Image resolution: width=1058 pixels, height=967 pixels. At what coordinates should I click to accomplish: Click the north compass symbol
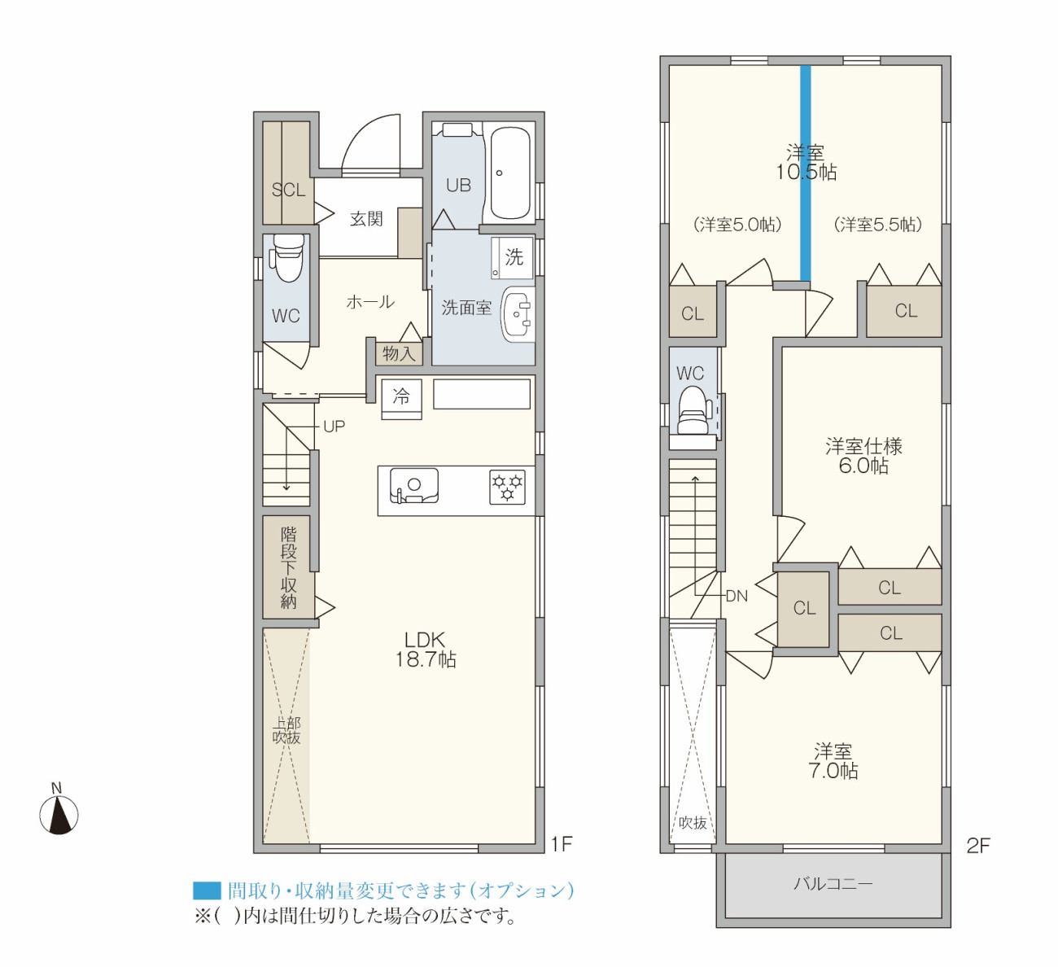click(59, 813)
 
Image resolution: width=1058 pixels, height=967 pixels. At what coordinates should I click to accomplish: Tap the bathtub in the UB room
click(510, 173)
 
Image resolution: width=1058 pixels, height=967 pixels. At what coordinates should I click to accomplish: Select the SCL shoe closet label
click(288, 190)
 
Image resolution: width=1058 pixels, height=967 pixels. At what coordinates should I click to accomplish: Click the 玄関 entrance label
click(366, 218)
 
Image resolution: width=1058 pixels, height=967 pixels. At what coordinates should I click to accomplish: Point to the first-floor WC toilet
click(287, 258)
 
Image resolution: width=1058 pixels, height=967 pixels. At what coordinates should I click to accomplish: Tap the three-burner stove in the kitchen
click(507, 487)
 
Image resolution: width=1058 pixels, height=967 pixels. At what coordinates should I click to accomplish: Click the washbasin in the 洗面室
click(517, 314)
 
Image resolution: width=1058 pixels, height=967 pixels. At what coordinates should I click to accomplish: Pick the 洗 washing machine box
click(512, 257)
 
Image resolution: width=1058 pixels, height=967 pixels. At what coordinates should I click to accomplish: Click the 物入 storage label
click(399, 353)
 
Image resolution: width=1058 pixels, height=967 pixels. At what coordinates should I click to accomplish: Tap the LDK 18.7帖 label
click(426, 650)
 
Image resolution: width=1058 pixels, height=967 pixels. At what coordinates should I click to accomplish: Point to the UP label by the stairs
click(334, 427)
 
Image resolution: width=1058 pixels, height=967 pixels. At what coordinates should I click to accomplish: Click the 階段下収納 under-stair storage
click(288, 567)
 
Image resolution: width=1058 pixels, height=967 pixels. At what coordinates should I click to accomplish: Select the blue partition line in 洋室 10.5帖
click(805, 173)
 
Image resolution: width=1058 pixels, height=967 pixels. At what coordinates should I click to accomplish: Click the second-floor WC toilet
click(692, 410)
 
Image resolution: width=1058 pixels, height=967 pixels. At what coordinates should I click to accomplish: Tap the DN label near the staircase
click(737, 596)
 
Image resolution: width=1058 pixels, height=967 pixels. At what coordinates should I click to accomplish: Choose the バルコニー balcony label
click(833, 882)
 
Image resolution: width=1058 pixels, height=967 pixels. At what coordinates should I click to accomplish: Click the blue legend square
click(207, 890)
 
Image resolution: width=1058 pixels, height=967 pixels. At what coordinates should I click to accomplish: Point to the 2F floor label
click(978, 846)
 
